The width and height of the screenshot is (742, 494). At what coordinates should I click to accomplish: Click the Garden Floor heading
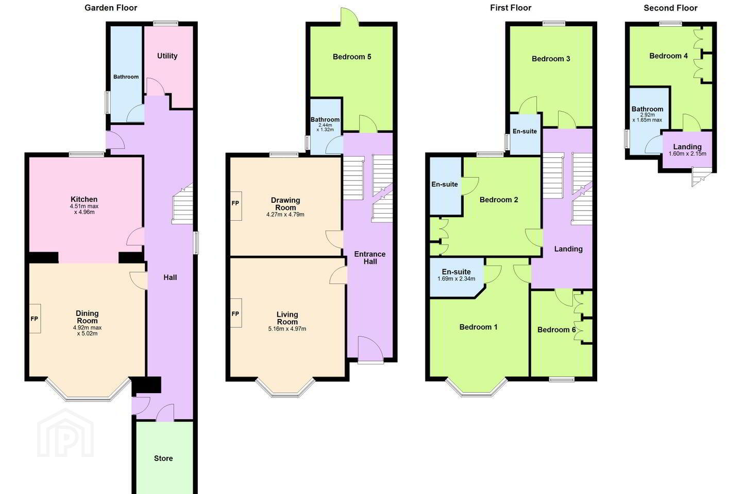pos(111,8)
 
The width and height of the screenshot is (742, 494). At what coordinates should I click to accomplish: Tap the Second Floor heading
pos(670,8)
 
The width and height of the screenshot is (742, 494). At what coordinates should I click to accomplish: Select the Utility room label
pos(167,56)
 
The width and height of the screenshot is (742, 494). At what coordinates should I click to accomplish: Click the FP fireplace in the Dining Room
pos(35,319)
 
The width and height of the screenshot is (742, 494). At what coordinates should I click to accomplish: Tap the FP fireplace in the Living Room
pos(235,313)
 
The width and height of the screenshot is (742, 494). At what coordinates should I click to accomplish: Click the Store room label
pos(163,458)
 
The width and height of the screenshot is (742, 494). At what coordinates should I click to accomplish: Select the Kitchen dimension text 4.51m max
pos(84,206)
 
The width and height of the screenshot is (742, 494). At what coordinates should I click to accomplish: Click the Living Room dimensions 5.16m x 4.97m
pos(287,329)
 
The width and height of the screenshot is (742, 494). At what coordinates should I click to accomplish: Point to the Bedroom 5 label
pos(352,57)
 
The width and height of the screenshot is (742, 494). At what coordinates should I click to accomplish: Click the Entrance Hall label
pos(369,258)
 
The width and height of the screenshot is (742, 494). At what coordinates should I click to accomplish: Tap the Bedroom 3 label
pos(551,59)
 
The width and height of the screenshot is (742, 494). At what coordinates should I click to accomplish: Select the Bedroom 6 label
pos(556,329)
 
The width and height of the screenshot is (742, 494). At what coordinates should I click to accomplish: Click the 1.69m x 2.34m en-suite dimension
pos(456,279)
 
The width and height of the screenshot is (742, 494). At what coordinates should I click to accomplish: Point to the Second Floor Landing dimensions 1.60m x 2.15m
pos(687,153)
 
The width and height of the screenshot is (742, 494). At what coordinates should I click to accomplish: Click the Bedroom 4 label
pos(668,56)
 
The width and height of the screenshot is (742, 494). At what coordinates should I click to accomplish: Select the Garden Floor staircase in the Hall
pos(182,203)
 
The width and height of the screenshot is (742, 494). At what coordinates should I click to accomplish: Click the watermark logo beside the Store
pos(65,433)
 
